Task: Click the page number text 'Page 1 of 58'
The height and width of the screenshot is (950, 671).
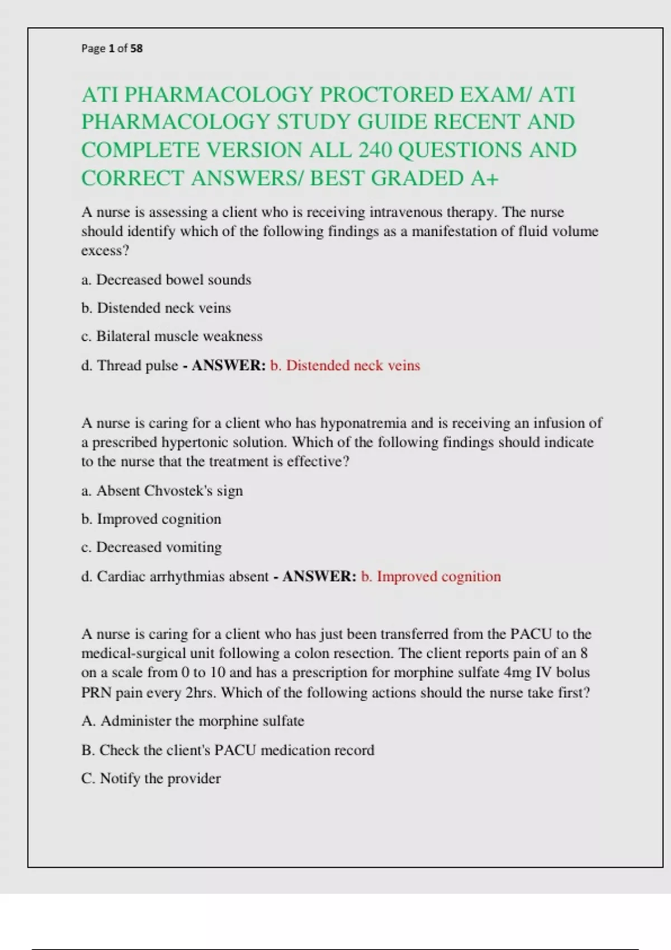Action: (112, 49)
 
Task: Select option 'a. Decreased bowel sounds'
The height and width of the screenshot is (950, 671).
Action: (166, 279)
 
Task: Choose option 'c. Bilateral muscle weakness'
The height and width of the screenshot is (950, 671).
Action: (172, 336)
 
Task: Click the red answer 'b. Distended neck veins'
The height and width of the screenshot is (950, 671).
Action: (345, 365)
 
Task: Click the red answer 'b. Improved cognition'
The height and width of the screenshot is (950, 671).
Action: (431, 576)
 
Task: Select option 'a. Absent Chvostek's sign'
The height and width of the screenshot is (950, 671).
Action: (162, 491)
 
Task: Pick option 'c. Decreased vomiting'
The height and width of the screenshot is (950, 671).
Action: (151, 547)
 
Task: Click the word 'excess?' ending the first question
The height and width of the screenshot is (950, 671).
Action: (105, 250)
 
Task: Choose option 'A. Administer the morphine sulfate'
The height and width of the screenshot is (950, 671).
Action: (193, 721)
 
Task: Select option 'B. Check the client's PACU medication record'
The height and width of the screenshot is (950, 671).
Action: (228, 750)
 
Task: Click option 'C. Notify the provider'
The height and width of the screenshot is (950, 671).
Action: (151, 778)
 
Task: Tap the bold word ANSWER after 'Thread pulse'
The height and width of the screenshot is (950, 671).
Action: (229, 365)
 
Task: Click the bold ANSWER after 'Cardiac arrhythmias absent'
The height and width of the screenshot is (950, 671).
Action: (319, 576)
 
